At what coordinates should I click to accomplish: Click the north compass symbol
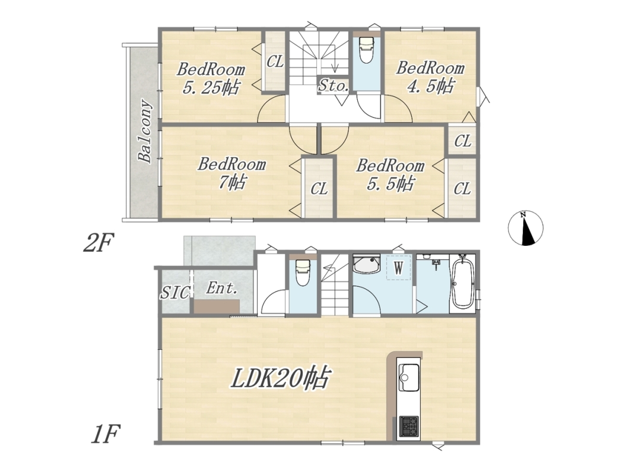526,227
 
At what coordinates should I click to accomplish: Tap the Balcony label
145,131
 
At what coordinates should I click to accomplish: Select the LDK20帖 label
280,378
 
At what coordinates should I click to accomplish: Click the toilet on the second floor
366,50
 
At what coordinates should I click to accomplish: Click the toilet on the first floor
303,273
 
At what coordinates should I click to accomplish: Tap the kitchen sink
408,377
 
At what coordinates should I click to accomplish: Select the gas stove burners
409,426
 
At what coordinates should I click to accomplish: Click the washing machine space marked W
399,267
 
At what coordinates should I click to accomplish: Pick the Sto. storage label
333,85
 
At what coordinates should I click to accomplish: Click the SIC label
175,293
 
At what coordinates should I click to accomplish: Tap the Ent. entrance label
222,288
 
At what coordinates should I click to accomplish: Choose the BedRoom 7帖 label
231,173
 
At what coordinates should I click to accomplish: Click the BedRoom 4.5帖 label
430,77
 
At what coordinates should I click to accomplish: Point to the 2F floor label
99,243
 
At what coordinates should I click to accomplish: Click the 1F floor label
106,434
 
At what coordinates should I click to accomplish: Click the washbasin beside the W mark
366,264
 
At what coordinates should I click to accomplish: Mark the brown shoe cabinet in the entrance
217,307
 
